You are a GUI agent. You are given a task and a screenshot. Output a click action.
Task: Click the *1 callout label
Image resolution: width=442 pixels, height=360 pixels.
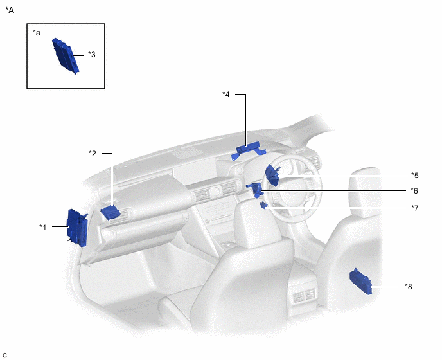click(42, 227)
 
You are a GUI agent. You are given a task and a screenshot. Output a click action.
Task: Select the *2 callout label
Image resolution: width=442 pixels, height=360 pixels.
click(93, 153)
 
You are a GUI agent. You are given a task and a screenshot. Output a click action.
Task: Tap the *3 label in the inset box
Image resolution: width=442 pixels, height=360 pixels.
click(92, 54)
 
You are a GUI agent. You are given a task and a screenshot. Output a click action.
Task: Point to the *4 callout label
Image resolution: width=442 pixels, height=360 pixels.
click(226, 94)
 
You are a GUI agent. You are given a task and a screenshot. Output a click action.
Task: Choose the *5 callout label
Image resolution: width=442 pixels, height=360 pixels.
click(414, 175)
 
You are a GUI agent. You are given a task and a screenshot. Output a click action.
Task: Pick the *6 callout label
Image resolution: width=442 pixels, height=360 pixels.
click(414, 191)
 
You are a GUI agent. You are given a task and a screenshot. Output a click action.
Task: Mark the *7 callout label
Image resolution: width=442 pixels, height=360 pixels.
click(414, 208)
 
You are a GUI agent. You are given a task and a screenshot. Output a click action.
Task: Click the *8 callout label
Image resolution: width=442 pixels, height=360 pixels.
click(409, 286)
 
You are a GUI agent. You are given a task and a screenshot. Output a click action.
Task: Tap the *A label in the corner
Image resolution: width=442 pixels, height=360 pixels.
click(10, 10)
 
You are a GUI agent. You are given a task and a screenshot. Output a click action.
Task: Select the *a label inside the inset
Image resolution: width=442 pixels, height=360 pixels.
click(37, 33)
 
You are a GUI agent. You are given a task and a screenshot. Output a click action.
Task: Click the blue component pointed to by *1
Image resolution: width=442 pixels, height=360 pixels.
click(77, 228)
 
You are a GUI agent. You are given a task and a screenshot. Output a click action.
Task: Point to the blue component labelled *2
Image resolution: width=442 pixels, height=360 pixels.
click(110, 213)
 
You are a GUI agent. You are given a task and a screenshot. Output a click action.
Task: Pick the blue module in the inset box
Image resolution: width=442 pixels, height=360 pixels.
click(66, 56)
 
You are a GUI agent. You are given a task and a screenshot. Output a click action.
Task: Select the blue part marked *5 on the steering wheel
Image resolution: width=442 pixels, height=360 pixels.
click(272, 175)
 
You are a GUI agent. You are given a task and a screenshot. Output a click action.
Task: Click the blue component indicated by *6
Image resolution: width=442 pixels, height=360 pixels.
click(256, 190)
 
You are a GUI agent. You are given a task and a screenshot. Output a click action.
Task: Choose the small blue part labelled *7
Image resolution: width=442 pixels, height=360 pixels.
click(263, 205)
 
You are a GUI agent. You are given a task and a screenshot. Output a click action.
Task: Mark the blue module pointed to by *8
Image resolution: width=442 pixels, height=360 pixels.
click(361, 281)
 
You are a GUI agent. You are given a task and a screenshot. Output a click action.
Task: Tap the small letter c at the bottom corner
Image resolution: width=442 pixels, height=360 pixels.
click(4, 355)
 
